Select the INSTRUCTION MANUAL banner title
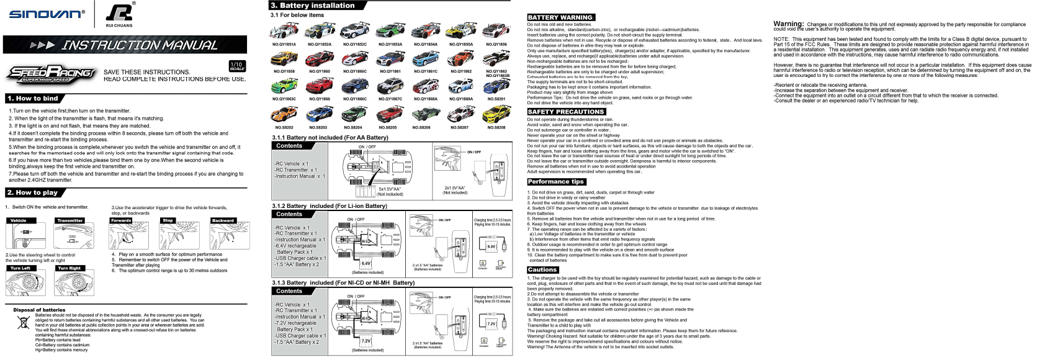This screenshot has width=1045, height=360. point(139,45)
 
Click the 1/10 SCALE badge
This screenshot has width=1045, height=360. point(236,66)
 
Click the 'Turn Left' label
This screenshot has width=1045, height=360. point(20,268)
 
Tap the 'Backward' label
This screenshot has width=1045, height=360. point(223,220)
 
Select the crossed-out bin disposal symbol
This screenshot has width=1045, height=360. point(23,323)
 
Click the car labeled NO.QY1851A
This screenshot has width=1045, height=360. point(284,31)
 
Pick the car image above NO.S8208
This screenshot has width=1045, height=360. point(496,114)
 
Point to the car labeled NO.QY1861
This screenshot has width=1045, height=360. point(390,60)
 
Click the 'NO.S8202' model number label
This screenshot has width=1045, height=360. point(284,127)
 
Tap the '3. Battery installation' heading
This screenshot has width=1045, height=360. point(313,6)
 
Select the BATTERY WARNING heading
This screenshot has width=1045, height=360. point(560,17)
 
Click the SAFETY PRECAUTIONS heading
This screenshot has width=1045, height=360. point(565,112)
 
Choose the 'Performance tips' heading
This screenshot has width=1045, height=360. point(556,182)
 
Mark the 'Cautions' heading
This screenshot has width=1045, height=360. point(542,270)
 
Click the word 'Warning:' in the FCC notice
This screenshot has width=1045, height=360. point(788,24)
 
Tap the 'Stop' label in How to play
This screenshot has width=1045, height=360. point(168,220)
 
